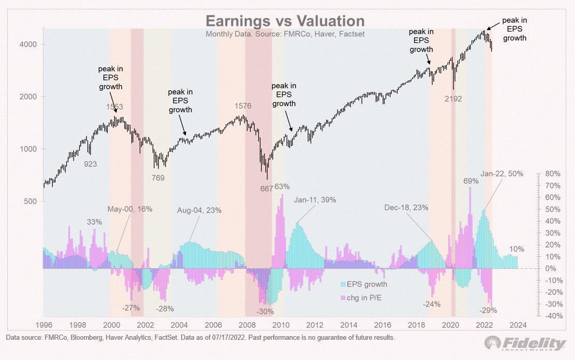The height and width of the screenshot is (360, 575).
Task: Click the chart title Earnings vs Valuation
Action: tap(285, 21)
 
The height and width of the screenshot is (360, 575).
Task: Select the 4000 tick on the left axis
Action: tap(28, 45)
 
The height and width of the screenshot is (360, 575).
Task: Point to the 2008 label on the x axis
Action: tap(247, 325)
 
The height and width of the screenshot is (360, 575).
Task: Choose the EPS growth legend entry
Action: tap(364, 284)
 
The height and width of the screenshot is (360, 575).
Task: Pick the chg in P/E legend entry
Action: tap(361, 298)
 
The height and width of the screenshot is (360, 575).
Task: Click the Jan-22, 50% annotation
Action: tap(502, 174)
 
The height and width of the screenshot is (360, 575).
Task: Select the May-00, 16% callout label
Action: tap(130, 209)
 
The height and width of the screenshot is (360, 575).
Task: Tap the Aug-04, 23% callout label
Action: tap(199, 210)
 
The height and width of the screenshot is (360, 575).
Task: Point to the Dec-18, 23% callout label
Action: tap(406, 207)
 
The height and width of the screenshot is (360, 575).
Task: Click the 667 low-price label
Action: tap(267, 189)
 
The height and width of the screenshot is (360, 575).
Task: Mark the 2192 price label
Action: tap(453, 99)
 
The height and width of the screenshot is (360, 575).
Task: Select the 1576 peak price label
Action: tap(243, 106)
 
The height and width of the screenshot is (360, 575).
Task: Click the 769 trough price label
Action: tap(158, 178)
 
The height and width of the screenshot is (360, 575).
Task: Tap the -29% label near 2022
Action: tap(488, 310)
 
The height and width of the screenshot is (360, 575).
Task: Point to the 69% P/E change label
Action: tap(471, 181)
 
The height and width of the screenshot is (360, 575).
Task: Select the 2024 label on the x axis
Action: tap(518, 325)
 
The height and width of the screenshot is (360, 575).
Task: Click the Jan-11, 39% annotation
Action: tap(315, 200)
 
